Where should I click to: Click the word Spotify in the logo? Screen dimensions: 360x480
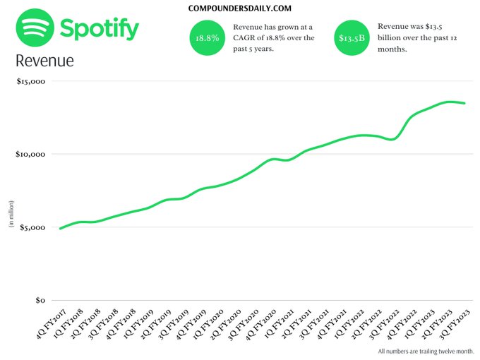point(100,30)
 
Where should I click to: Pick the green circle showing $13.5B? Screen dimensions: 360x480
point(352,38)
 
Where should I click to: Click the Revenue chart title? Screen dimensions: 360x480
point(44,61)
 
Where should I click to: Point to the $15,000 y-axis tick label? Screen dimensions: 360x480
point(30,81)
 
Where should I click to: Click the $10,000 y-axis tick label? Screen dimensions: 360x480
point(30,154)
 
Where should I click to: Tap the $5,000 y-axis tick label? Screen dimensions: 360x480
point(32,227)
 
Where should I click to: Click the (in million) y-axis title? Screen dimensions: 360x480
point(11,215)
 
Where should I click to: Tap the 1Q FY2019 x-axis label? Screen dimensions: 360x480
point(136,320)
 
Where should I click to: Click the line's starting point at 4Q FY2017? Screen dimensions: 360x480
point(60,229)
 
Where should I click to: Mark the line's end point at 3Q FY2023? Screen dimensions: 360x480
point(464,103)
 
